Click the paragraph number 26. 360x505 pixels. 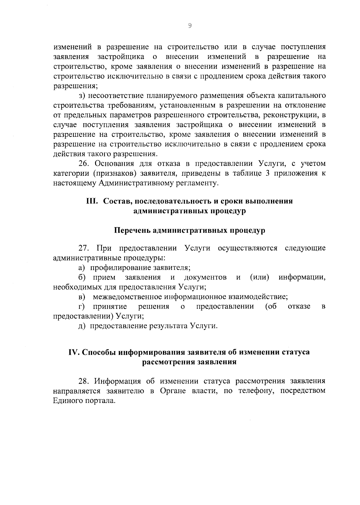[x=84, y=164]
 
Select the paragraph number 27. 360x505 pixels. [x=84, y=248]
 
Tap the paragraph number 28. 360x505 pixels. [x=84, y=381]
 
